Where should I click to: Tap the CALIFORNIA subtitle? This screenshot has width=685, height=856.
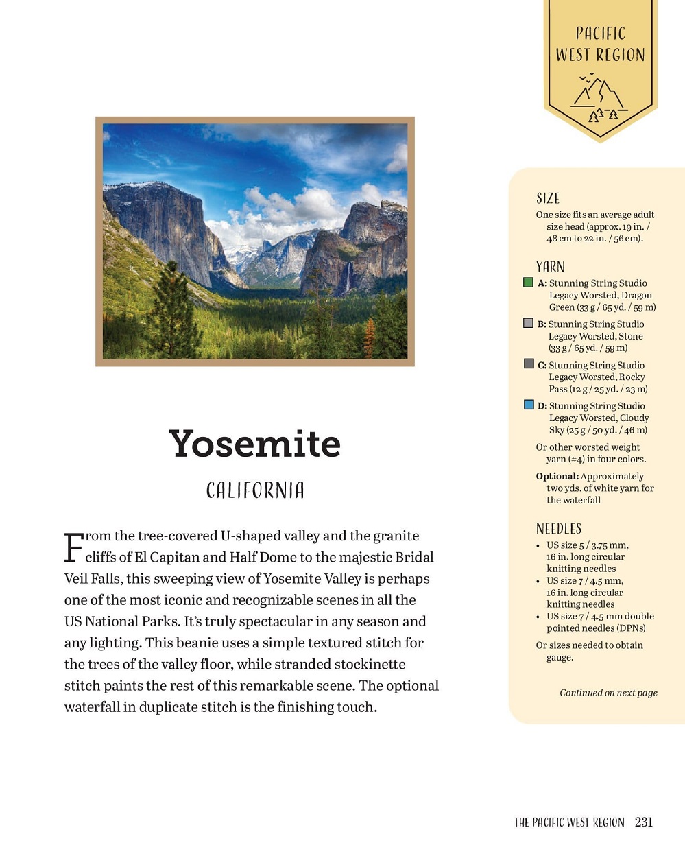coord(255,490)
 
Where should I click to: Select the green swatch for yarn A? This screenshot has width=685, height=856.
coord(528,282)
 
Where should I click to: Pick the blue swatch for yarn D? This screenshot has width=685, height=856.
coord(529,405)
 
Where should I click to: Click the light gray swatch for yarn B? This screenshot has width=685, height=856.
coord(528,323)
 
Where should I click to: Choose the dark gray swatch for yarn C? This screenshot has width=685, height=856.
coord(529,364)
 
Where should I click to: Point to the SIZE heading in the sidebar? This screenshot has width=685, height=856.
coord(548,198)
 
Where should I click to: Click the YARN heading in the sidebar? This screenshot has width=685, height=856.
coord(550,267)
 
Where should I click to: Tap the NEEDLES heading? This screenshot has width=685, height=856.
coord(559,528)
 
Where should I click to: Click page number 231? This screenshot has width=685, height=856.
coord(644,822)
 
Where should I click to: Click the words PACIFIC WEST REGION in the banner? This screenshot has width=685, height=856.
coord(600,44)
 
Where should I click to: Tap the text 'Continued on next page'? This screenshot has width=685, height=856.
coord(608,693)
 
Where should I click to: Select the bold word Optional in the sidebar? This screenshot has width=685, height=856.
coord(557,476)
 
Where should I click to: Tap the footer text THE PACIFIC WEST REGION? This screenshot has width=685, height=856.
coord(569,822)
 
